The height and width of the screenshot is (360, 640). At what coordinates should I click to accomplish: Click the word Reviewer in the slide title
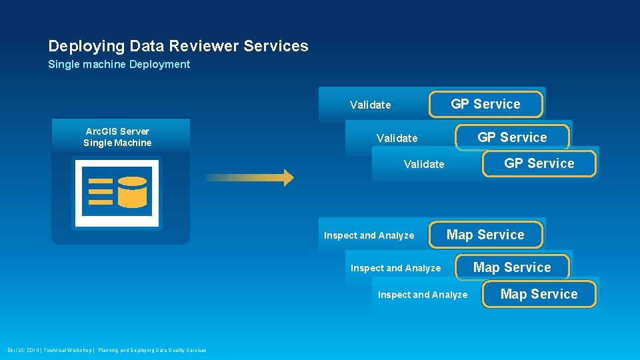coord(205,46)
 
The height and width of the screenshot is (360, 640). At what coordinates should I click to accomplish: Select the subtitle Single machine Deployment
coord(119,65)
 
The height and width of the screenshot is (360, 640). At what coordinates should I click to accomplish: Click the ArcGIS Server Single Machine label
coord(117,137)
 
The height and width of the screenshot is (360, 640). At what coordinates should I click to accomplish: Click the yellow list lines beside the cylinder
coord(101,191)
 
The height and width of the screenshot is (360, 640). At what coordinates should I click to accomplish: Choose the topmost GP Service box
coord(485,104)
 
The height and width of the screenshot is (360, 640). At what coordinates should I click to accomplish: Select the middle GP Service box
coord(512,137)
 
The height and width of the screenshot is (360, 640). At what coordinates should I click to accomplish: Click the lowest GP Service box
coord(539,163)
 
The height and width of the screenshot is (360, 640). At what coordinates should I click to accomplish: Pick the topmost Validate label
coord(370,105)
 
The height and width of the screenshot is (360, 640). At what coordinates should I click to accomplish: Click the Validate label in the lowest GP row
coord(424,164)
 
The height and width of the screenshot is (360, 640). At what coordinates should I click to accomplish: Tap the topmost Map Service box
coord(485,235)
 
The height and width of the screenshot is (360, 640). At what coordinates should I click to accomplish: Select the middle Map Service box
coord(512,267)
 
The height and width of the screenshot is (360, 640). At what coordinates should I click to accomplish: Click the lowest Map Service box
coord(539,294)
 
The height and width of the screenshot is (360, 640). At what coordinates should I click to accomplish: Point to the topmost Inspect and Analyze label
coord(369,235)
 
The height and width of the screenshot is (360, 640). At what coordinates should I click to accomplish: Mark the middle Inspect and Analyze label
coord(395,268)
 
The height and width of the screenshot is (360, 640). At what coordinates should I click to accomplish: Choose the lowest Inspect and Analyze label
coord(423,295)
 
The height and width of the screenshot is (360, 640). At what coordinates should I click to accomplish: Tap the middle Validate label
coord(397,138)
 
